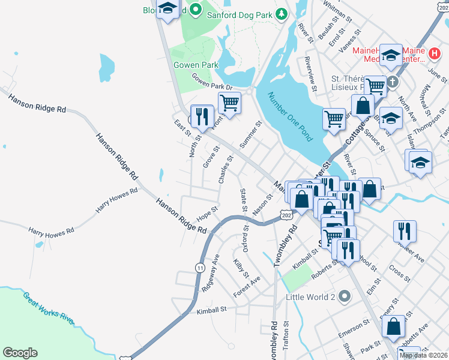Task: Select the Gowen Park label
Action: tap(187, 65)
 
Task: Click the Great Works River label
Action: tap(48, 308)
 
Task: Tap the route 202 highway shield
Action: tap(286, 214)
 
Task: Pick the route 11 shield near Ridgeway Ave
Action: tap(199, 266)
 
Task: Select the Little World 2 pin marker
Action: tap(344, 296)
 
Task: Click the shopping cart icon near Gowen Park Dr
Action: tap(229, 103)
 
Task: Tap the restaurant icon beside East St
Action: tap(202, 115)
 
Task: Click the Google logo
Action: tap(20, 353)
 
